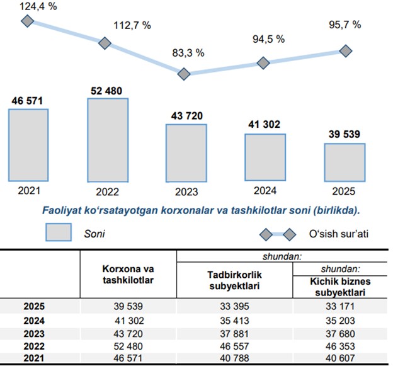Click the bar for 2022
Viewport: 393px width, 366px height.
click(108, 139)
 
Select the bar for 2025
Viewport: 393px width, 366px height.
click(345, 162)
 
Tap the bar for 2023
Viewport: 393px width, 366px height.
click(186, 152)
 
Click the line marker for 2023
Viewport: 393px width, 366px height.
click(184, 74)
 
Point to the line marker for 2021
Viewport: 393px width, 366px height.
click(27, 21)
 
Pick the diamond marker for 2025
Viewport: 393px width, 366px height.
click(344, 50)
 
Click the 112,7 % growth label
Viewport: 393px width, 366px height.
click(132, 26)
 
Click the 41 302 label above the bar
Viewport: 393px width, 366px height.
click(265, 125)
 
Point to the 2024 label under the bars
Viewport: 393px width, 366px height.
click(265, 189)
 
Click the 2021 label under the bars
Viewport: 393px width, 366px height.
click(28, 189)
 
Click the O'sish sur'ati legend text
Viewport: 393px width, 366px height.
click(338, 234)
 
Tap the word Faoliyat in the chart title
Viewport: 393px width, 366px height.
click(61, 209)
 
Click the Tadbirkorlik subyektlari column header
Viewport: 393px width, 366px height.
click(234, 280)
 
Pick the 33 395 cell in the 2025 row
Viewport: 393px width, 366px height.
click(234, 307)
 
